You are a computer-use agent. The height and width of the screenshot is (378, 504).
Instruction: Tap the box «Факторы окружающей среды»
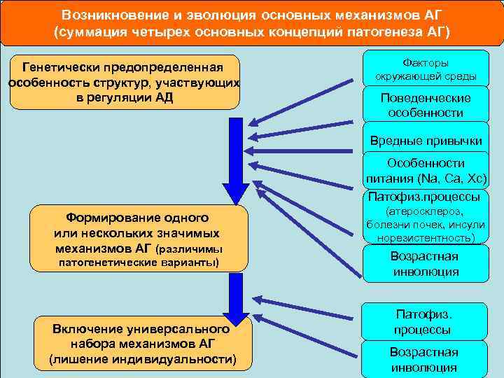pyautogui.click(x=426, y=69)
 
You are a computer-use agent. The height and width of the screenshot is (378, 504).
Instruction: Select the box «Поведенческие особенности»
pyautogui.click(x=426, y=105)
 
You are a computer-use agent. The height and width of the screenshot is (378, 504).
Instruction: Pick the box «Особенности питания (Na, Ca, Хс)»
pyautogui.click(x=426, y=170)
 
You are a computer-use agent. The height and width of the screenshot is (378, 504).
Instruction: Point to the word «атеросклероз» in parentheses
pyautogui.click(x=426, y=211)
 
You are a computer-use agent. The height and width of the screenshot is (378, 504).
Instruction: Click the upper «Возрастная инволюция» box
pyautogui.click(x=424, y=264)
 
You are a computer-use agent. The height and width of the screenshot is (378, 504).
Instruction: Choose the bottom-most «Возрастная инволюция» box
pyautogui.click(x=424, y=359)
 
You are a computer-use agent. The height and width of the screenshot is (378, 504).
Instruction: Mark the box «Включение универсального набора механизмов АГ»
pyautogui.click(x=142, y=344)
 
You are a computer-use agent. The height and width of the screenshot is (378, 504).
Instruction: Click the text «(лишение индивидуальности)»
pyautogui.click(x=142, y=359)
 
